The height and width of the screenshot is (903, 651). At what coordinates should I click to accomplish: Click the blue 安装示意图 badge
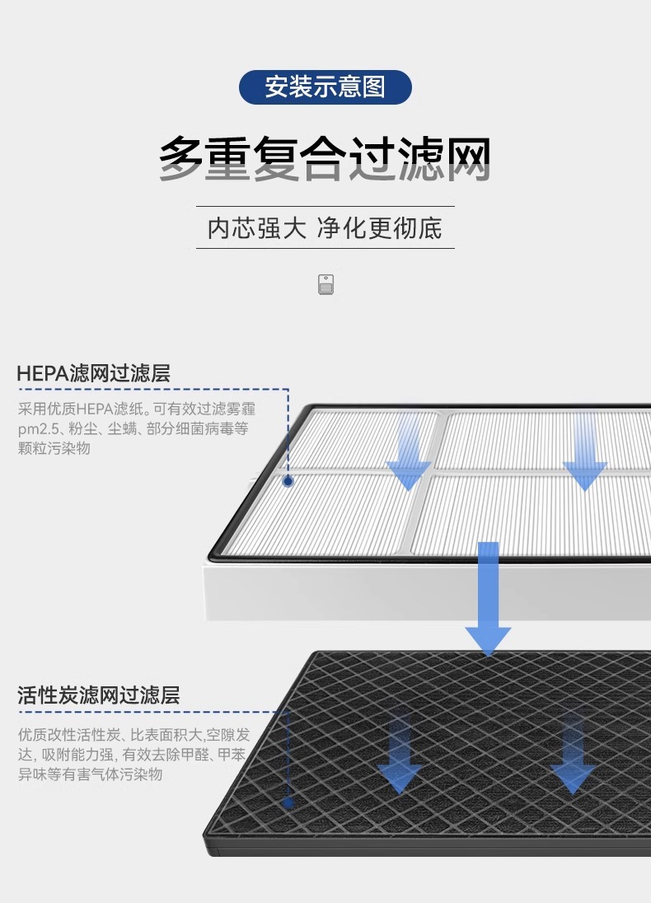pos(325,87)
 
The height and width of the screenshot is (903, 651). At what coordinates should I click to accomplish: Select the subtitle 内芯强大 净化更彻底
pos(325,227)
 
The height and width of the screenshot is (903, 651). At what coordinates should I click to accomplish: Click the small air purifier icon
pos(325,284)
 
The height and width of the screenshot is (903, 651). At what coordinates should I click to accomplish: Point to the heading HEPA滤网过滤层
pos(93,373)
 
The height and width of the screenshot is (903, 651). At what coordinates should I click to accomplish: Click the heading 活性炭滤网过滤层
pos(98,695)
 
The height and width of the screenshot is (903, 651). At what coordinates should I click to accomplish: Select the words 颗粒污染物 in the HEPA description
pos(54,448)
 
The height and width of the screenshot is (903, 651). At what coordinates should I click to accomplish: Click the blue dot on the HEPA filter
pos(288,481)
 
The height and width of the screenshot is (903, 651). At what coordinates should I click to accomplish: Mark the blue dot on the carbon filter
pos(288,802)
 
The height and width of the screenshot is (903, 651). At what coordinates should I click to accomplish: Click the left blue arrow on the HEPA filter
pos(408,453)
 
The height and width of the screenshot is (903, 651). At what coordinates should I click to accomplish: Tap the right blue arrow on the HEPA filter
pos(584,453)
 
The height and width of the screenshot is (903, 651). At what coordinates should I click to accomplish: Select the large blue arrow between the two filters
pos(489,597)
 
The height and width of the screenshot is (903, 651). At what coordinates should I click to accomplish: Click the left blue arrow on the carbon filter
pos(400,754)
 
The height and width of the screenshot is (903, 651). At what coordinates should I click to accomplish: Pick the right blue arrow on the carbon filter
pos(574,754)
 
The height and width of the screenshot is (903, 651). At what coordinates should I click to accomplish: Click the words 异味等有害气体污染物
pos(90,774)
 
